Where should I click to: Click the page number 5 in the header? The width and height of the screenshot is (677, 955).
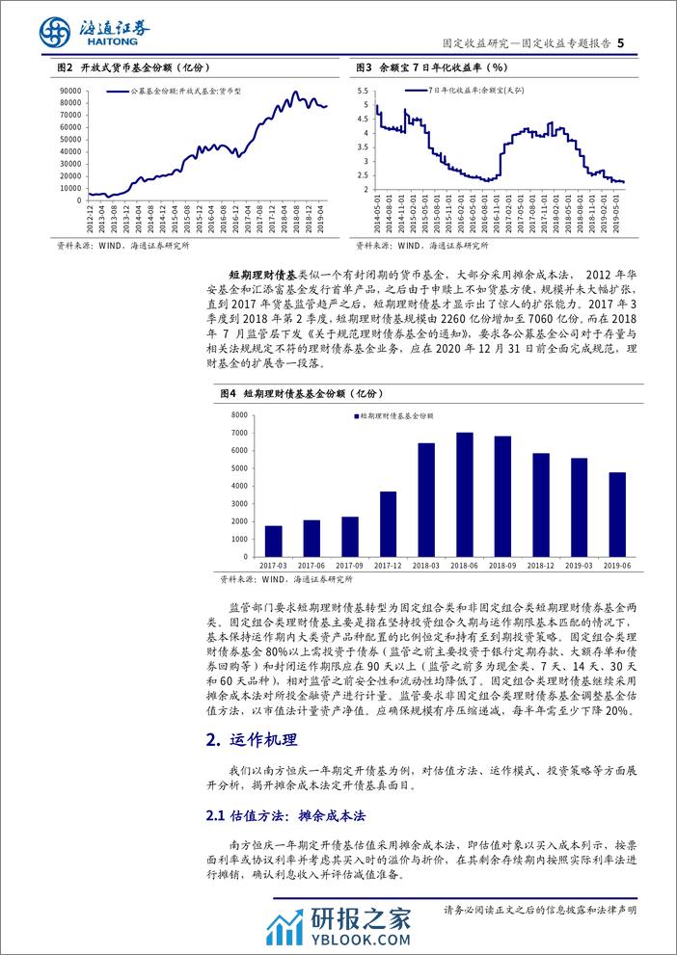(621, 42)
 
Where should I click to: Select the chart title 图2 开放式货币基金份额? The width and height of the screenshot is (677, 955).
(134, 68)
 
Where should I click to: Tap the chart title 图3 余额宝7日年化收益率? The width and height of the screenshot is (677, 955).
(431, 68)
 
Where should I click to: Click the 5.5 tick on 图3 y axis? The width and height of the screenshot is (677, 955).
(364, 90)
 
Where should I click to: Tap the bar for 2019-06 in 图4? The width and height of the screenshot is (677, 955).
(616, 515)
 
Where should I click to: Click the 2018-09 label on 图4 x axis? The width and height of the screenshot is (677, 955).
(502, 567)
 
